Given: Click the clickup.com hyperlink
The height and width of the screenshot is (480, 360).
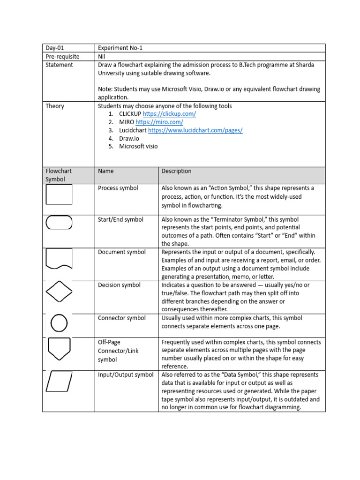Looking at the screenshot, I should coord(169,114).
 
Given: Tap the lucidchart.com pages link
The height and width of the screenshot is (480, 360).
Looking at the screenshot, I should coord(195,130).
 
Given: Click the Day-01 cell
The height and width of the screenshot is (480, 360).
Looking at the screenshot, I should coord(54,48).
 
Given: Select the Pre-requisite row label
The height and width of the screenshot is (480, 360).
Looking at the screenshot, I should coord(62,56).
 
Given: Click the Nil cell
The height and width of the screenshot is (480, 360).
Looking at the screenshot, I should coord(102,56).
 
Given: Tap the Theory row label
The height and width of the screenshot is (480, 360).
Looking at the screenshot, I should coord(55,106).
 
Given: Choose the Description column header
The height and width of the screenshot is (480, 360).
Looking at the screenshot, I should coord(176,171).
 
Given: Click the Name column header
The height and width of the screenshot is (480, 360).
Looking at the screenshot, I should coord(106,171).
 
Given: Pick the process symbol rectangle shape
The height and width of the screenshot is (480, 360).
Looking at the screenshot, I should coord(59,194).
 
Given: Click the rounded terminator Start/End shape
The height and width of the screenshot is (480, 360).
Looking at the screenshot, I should coord(59,223).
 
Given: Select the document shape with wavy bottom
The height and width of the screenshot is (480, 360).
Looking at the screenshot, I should coord(59,258).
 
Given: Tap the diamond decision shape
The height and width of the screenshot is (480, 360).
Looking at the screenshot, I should coord(59,292).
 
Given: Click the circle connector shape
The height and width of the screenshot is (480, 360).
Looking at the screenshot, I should coord(59,322).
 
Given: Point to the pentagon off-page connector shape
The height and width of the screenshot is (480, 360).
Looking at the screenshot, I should coord(59,348).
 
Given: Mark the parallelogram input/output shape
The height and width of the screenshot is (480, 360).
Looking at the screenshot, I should coord(59,381).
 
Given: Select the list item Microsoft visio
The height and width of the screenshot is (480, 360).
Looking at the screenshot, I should coord(138,146).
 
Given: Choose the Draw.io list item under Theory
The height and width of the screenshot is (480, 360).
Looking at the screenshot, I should coord(129,138).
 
